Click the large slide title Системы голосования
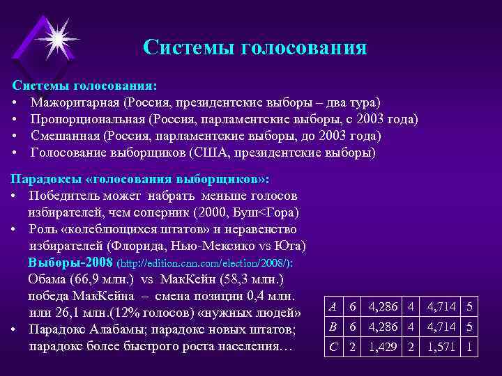click(x=254, y=47)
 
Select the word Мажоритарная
click(x=75, y=103)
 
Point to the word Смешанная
click(x=64, y=136)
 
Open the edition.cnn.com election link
click(x=206, y=265)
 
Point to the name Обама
click(x=48, y=280)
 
